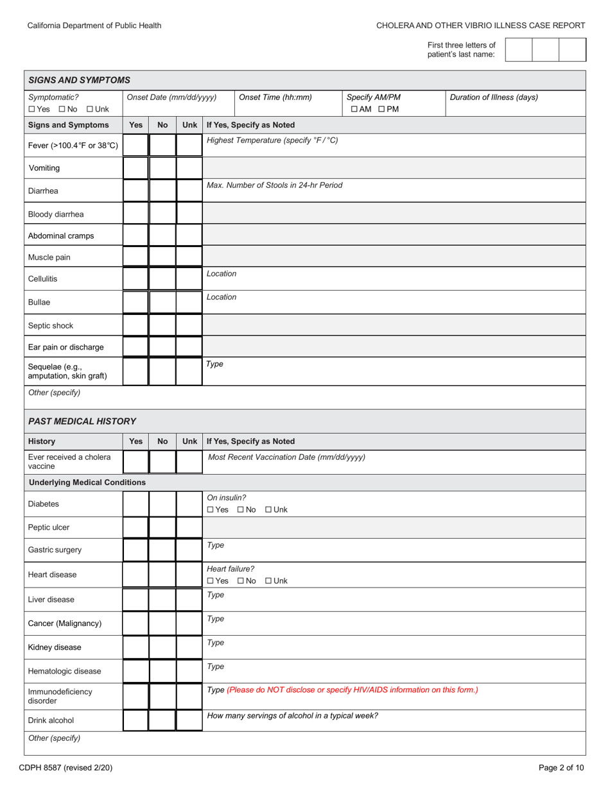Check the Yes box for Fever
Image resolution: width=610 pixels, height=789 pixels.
pos(135,146)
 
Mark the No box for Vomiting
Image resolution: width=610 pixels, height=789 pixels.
pos(162,168)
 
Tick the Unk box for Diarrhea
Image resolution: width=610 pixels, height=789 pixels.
pos(189,191)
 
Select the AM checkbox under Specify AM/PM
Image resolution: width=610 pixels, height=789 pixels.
pos(354,109)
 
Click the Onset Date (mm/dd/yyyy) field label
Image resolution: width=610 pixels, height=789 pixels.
pos(171,98)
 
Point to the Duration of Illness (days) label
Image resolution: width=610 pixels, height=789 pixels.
pos(494,98)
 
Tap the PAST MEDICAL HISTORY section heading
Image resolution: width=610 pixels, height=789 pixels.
pos(82,421)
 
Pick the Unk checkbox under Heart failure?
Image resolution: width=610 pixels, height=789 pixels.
pos(268,581)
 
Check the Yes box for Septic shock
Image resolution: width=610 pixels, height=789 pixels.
pos(135,325)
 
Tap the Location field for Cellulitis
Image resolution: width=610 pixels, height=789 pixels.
pos(393,279)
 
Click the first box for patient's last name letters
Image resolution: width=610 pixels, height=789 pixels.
pos(519,49)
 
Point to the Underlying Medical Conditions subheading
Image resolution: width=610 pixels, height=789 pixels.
pos(87,482)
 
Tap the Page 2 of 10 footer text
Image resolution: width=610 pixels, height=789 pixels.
pos(561,767)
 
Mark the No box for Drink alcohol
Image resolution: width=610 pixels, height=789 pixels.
pos(162,720)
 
